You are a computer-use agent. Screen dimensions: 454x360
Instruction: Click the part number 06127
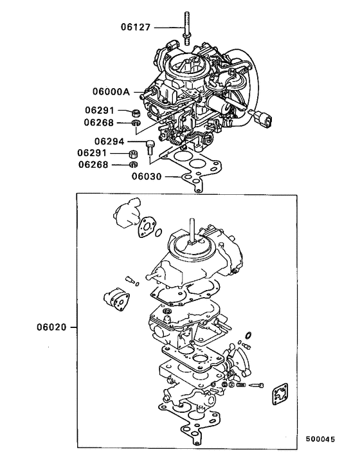(x=137, y=27)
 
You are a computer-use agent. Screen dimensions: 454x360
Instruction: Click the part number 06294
(x=110, y=141)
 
